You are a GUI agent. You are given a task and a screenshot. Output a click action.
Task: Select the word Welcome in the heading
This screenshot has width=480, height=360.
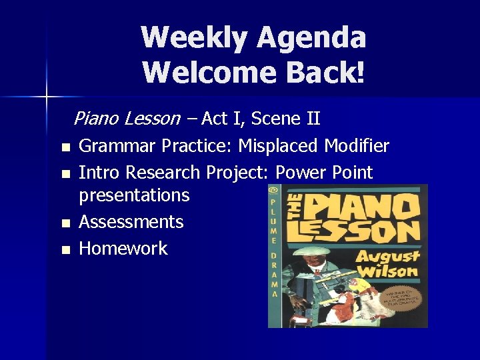pyautogui.click(x=199, y=71)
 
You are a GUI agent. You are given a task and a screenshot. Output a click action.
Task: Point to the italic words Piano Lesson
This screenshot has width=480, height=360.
pyautogui.click(x=127, y=119)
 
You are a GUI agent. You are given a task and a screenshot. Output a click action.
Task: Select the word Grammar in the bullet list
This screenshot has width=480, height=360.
pyautogui.click(x=117, y=146)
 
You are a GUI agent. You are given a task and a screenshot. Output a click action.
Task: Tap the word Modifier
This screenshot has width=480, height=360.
pyautogui.click(x=357, y=145)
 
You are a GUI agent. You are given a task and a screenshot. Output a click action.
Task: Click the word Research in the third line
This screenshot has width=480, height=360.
pyautogui.click(x=163, y=173)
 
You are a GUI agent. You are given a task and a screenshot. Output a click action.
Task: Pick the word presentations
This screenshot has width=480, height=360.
pyautogui.click(x=134, y=195)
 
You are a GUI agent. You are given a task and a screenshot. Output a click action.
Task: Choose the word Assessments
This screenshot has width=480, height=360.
pyautogui.click(x=131, y=222)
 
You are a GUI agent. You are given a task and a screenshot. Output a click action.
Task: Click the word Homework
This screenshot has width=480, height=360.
pyautogui.click(x=123, y=249)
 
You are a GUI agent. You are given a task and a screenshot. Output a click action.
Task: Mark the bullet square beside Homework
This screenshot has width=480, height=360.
pyautogui.click(x=65, y=250)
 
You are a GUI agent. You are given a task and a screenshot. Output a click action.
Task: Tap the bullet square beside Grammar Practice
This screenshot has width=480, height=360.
pyautogui.click(x=65, y=147)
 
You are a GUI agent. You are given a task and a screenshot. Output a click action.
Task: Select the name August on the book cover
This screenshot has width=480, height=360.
pyautogui.click(x=386, y=255)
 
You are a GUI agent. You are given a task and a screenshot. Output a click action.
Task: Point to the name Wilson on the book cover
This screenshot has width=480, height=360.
pyautogui.click(x=386, y=271)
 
